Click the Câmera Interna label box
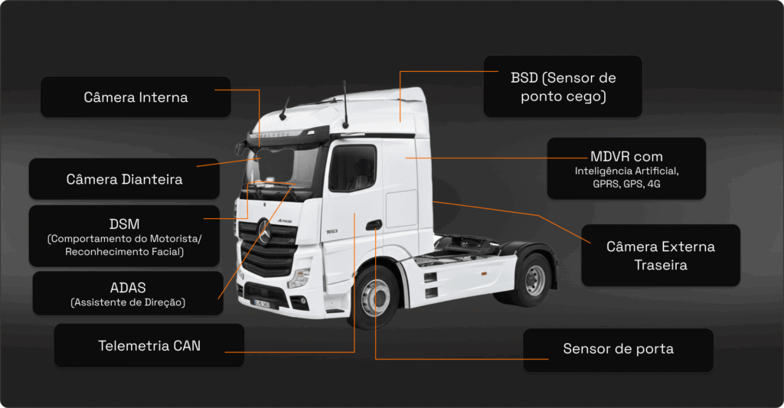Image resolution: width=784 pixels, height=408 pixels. pyautogui.click(x=136, y=97)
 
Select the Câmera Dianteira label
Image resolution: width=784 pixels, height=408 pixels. pyautogui.click(x=124, y=179)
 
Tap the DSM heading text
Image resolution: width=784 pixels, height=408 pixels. pyautogui.click(x=125, y=224)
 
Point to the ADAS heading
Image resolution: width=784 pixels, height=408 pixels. pyautogui.click(x=128, y=288)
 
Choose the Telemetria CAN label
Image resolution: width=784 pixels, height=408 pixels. pyautogui.click(x=149, y=345)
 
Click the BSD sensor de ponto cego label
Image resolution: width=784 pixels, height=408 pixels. pyautogui.click(x=563, y=86)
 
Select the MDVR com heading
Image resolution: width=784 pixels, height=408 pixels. pyautogui.click(x=626, y=156)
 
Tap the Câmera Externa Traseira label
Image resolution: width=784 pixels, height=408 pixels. pyautogui.click(x=661, y=256)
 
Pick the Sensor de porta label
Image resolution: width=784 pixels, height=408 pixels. pyautogui.click(x=618, y=349)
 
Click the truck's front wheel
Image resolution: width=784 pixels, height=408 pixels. pyautogui.click(x=375, y=298)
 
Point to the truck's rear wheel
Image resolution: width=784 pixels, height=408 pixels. pyautogui.click(x=533, y=279)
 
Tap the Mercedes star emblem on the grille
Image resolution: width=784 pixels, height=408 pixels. pyautogui.click(x=264, y=231)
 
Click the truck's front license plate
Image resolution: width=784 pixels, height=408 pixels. pyautogui.click(x=261, y=303)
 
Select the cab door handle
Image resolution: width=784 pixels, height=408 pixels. pyautogui.click(x=374, y=225)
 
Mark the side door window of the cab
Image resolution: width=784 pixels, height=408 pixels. pyautogui.click(x=352, y=168)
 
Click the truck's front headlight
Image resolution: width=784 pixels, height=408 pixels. pyautogui.click(x=299, y=278)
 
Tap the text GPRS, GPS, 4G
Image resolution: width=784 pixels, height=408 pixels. pyautogui.click(x=626, y=184)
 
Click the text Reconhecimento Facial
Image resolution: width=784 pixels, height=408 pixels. pyautogui.click(x=125, y=252)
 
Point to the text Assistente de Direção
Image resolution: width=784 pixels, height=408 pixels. pyautogui.click(x=128, y=302)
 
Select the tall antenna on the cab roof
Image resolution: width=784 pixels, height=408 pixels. pyautogui.click(x=345, y=104)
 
